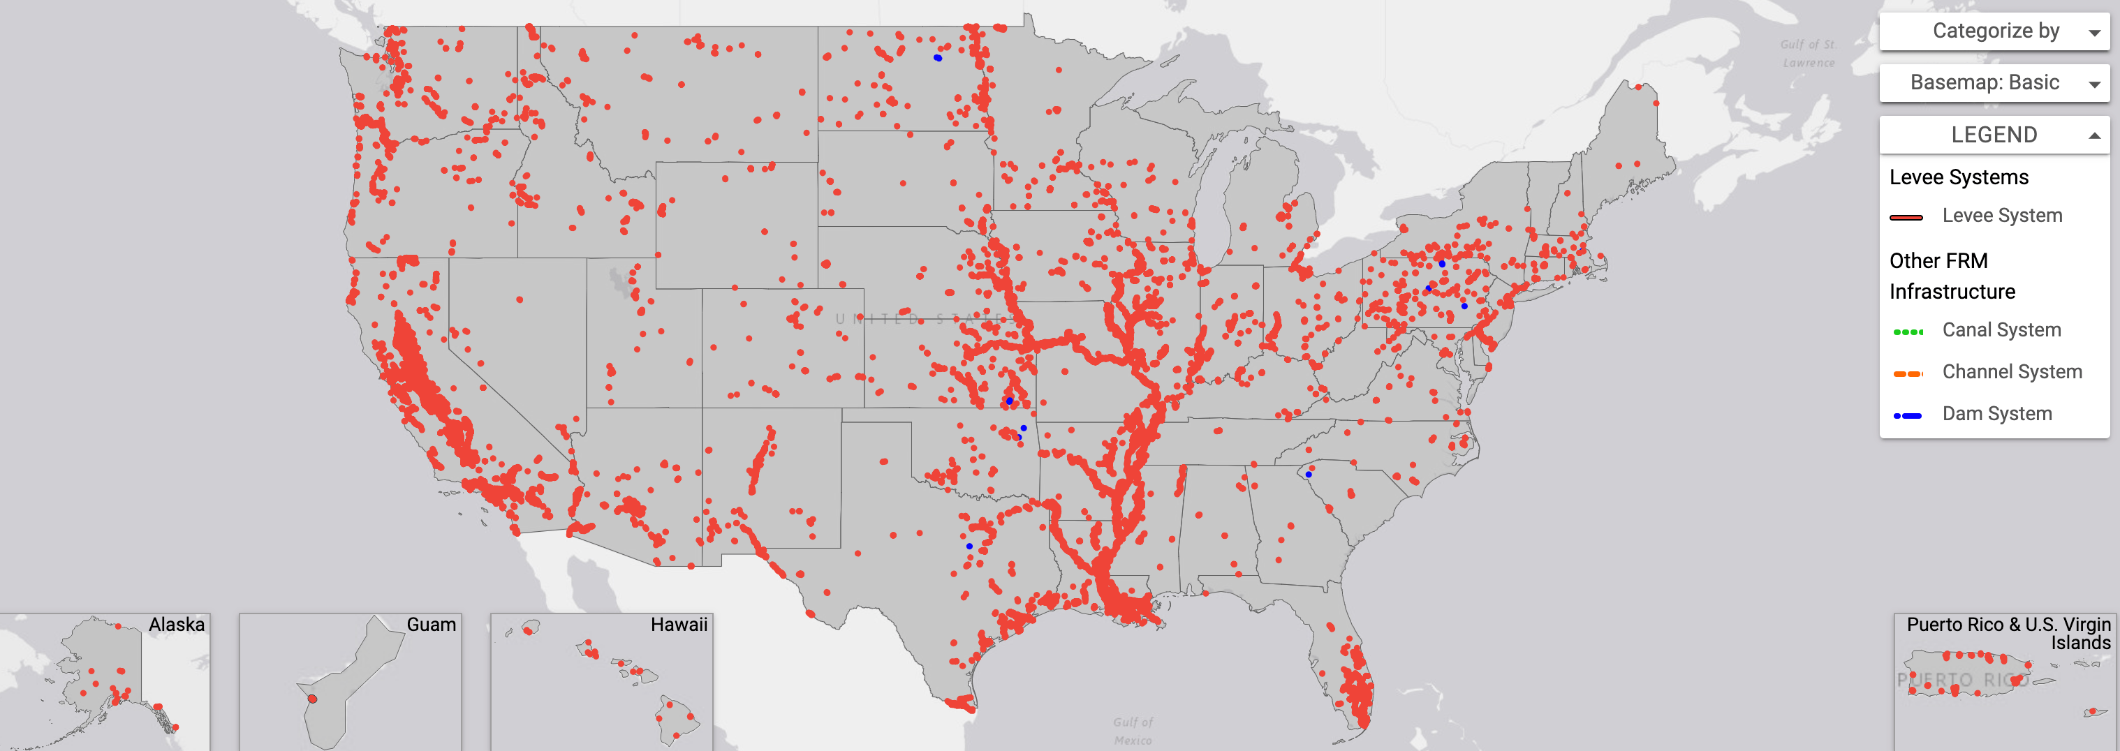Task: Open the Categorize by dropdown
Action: point(1994,31)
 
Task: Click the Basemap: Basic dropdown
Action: point(1994,83)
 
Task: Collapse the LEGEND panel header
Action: point(1994,135)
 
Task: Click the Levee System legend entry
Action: point(2001,216)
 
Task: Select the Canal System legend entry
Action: point(2001,330)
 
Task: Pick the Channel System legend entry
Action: point(2010,372)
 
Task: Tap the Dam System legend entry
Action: point(1996,414)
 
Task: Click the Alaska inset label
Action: point(176,625)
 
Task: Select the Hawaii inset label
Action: point(678,625)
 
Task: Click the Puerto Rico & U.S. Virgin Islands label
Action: point(2008,632)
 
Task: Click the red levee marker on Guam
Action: point(312,699)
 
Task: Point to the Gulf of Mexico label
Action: point(1133,731)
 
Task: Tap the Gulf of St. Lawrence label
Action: point(1808,54)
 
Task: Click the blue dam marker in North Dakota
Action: point(937,57)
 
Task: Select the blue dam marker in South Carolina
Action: point(1309,475)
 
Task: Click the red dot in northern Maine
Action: point(1656,103)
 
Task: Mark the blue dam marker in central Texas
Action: point(969,546)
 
